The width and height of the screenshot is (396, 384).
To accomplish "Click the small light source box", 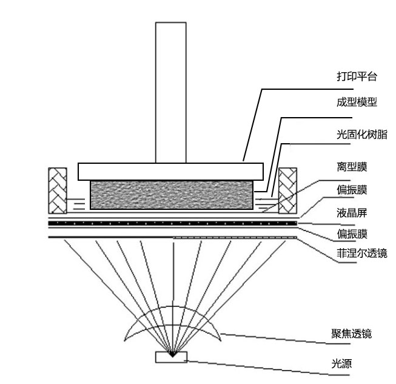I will tap(172, 357).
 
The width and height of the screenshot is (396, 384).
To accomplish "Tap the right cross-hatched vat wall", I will tap(287, 190).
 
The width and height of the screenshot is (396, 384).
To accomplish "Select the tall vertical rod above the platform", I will tap(170, 91).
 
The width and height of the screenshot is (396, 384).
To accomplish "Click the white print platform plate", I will tap(170, 171).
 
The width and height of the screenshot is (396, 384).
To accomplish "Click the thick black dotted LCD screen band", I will tap(172, 224).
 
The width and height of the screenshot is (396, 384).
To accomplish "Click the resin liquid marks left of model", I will tap(78, 203).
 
